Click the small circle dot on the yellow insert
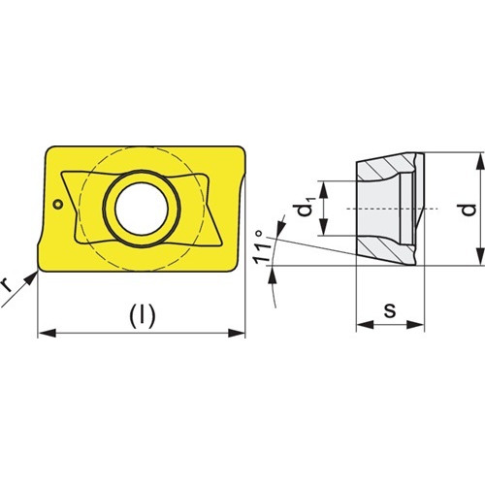click(x=58, y=204)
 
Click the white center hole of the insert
click(x=142, y=209)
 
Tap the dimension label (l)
click(x=143, y=316)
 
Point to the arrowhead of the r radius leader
click(x=31, y=277)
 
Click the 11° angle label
click(x=262, y=246)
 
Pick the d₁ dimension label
click(x=306, y=207)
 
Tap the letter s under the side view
click(x=390, y=310)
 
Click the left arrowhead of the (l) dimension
click(x=48, y=333)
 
